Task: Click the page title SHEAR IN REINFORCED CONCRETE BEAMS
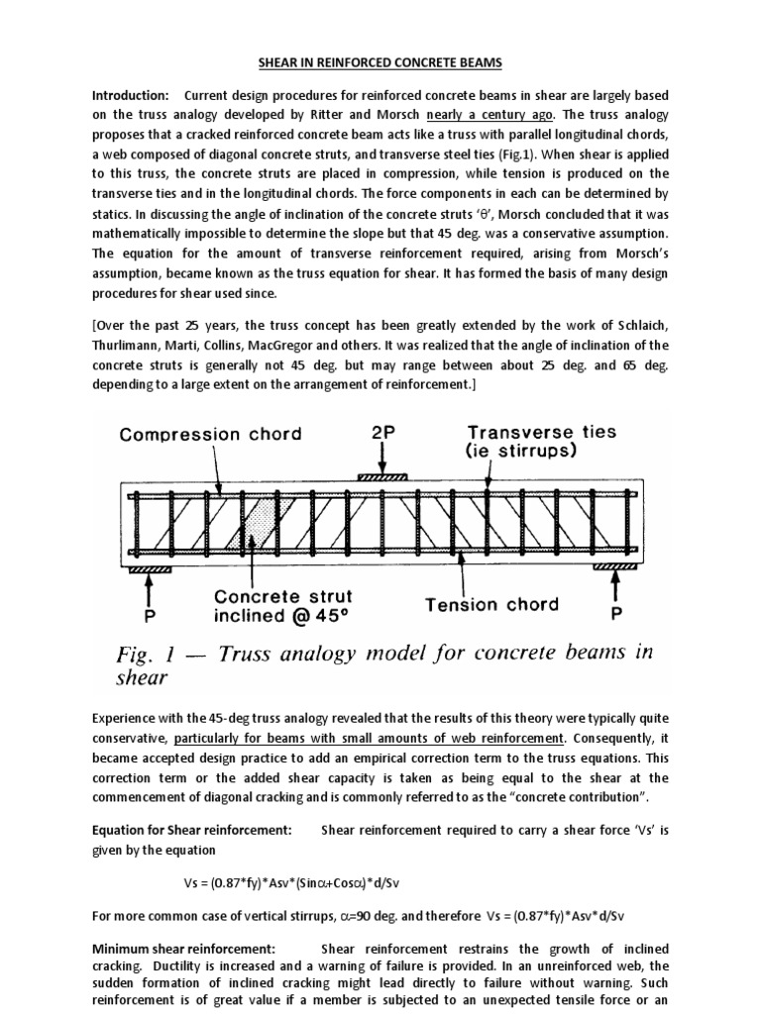click(380, 63)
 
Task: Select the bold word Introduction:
click(129, 95)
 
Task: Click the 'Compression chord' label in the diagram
click(210, 434)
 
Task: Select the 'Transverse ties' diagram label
click(544, 432)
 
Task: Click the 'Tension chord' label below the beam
click(491, 603)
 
